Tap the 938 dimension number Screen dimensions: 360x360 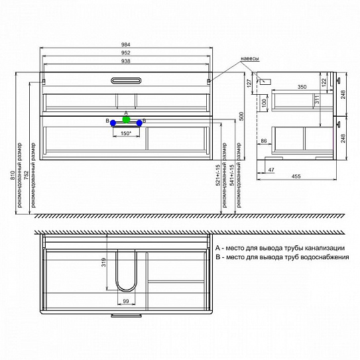coord(127,61)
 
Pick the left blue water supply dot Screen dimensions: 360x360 coord(113,123)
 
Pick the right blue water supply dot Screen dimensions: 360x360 coord(139,123)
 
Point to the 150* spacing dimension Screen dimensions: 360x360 coord(126,133)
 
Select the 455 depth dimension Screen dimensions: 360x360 coord(297,176)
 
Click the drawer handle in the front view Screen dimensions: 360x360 coord(127,81)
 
